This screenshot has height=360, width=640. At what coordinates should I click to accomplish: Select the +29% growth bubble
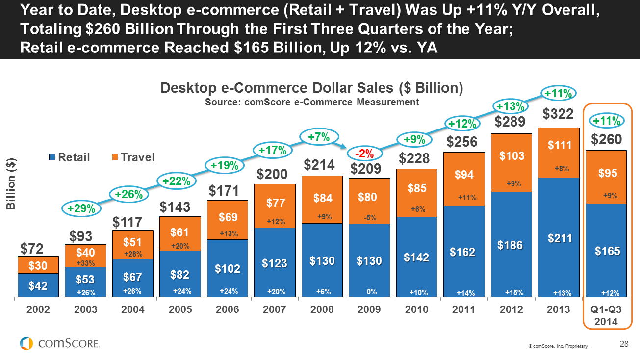coord(80,208)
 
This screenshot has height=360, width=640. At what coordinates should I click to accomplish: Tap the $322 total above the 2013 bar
coord(558,114)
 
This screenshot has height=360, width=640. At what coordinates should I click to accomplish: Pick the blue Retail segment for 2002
coord(38,285)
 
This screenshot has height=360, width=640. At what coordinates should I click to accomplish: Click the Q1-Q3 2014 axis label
coord(606,315)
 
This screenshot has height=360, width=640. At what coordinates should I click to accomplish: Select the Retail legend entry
coord(69,157)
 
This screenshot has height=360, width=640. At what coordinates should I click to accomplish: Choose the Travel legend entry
coord(132,157)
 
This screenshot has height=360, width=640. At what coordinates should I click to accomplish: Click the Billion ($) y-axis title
coord(10,184)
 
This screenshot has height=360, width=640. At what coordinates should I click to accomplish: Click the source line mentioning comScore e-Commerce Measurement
coord(312,102)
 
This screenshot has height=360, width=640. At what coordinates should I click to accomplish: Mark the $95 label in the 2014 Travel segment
coord(607,173)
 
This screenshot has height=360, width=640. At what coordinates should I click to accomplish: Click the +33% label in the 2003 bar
coord(85,263)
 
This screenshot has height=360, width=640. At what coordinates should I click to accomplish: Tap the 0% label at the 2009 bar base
coord(371,292)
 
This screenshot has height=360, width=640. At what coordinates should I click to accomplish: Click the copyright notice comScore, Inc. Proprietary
coord(558,346)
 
